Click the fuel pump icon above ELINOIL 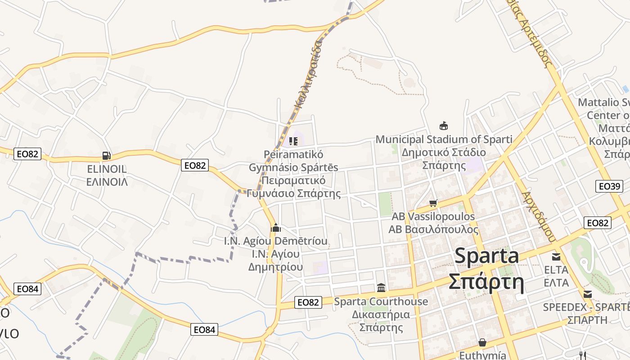[x=107, y=156]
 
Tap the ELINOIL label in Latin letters [x=107, y=170]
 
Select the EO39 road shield [x=609, y=186]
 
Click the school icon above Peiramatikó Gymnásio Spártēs [x=293, y=142]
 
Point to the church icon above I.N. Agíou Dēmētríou [x=276, y=228]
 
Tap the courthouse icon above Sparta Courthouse [x=381, y=288]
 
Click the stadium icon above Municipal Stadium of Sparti [x=444, y=126]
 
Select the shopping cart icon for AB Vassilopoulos [x=433, y=203]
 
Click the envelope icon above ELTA [x=556, y=257]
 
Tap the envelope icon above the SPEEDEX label [x=588, y=294]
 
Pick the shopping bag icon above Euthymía [x=482, y=343]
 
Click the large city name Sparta [x=486, y=256]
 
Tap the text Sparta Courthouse [x=381, y=301]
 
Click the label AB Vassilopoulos [x=433, y=216]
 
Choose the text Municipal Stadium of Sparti [x=444, y=139]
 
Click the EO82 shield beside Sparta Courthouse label [x=308, y=302]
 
